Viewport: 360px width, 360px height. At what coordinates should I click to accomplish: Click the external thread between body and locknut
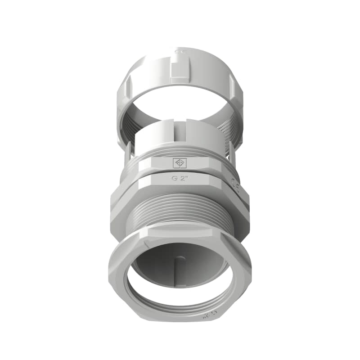pyautogui.click(x=180, y=211)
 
